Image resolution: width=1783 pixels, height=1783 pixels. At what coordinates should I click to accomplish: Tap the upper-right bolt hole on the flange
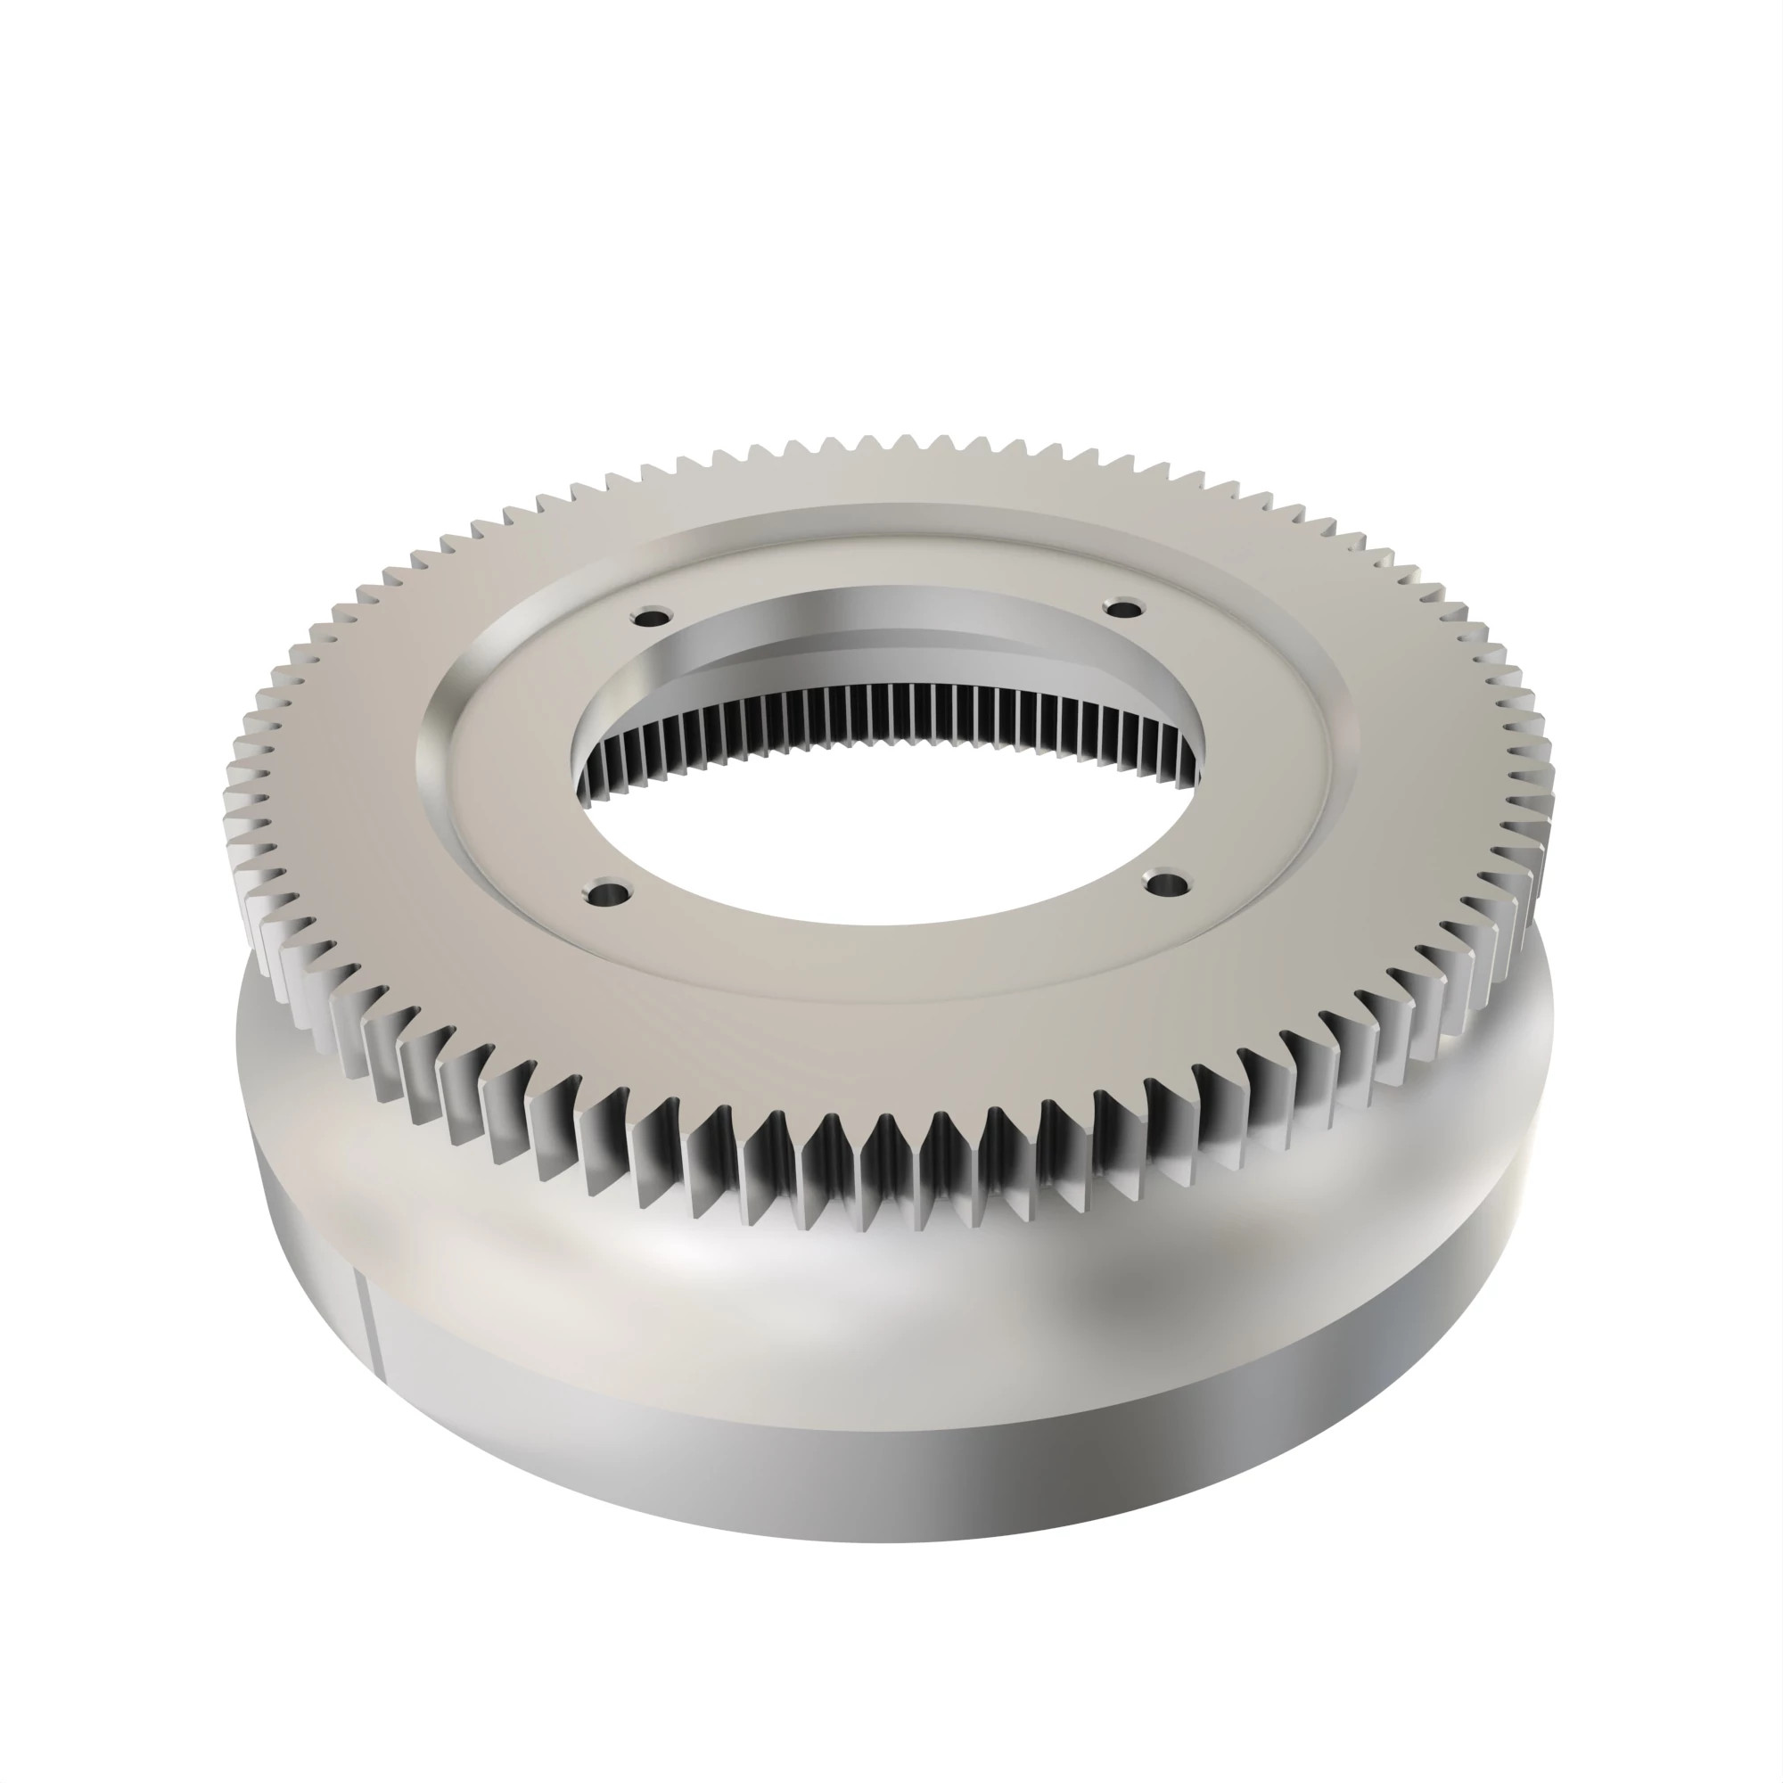tap(1123, 608)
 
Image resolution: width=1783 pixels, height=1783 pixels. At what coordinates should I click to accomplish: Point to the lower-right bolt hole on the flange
tap(1165, 883)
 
